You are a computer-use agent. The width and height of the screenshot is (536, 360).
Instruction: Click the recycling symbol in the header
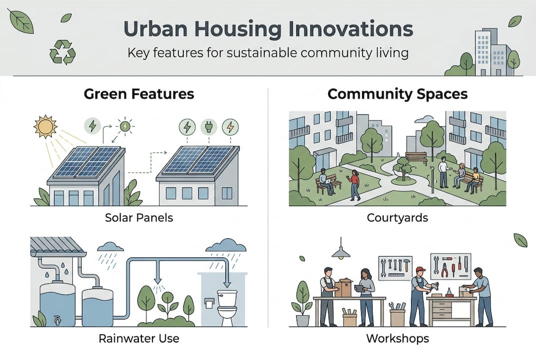click(x=62, y=52)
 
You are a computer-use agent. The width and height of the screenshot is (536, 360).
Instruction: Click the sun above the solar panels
click(x=45, y=126)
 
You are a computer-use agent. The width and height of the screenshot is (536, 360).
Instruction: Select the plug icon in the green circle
click(x=209, y=127)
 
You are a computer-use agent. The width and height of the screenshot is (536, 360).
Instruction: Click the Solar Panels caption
click(x=139, y=217)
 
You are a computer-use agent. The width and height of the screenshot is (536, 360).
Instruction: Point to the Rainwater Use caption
click(x=139, y=338)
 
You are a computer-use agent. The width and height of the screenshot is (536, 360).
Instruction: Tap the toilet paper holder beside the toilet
click(x=209, y=303)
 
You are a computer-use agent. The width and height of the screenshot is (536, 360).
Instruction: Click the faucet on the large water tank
click(x=57, y=320)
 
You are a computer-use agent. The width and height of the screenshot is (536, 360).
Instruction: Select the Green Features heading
click(x=139, y=94)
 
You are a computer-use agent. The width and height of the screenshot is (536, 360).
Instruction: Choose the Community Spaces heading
click(x=398, y=94)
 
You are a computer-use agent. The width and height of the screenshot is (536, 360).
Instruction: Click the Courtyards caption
click(x=397, y=217)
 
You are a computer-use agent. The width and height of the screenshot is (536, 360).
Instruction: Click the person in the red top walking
click(x=354, y=185)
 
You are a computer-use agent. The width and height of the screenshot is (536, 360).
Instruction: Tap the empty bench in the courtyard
click(x=416, y=158)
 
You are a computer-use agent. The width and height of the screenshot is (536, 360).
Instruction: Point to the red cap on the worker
click(x=421, y=269)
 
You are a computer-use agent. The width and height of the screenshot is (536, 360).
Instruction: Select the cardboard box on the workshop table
click(x=343, y=288)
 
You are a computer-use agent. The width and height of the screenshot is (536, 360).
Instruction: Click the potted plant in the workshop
click(x=302, y=303)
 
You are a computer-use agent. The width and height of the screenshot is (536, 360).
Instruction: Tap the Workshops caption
click(x=398, y=338)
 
